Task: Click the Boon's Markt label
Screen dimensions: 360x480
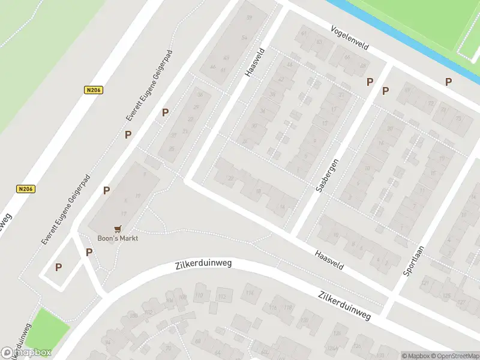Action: [118, 238]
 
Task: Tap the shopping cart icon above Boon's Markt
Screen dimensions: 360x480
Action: [118, 229]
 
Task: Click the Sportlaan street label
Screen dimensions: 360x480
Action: [414, 260]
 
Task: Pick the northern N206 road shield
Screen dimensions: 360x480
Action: [93, 90]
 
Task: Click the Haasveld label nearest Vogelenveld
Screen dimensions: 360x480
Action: [254, 62]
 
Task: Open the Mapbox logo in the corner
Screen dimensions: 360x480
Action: [26, 353]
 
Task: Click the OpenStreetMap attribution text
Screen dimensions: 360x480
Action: [457, 356]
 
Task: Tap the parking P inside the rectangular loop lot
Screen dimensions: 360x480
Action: [59, 268]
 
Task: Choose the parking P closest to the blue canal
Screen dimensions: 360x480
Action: [448, 82]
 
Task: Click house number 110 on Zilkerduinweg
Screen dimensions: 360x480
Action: [199, 296]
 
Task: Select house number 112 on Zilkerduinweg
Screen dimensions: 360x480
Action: [222, 297]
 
